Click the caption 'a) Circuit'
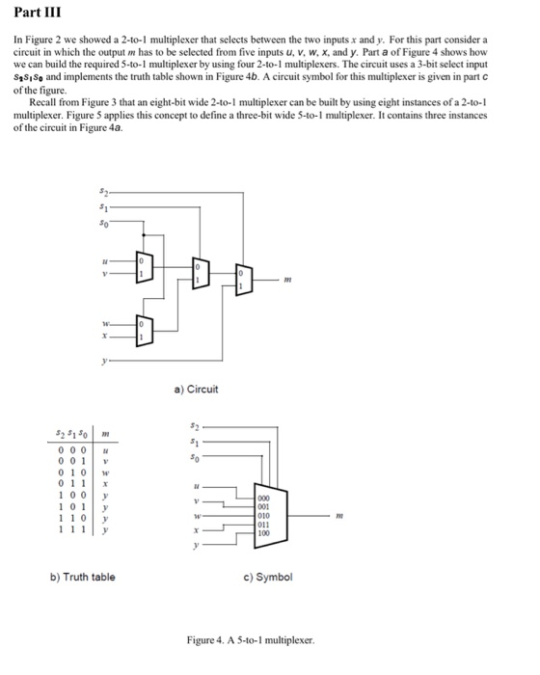196,390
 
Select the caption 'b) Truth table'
82,577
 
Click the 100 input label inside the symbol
264,531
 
